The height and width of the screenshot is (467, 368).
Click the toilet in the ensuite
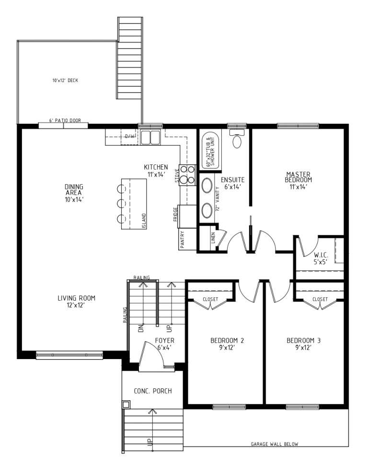237,139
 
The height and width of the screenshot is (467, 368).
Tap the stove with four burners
187,175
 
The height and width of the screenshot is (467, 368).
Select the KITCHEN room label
156,167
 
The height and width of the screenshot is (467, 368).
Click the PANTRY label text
182,240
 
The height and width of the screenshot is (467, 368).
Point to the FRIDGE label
175,214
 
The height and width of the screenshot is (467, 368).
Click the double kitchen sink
150,138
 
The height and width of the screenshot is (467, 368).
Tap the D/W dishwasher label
130,136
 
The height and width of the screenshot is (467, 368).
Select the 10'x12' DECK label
65,81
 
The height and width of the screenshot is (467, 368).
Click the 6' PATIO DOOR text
65,120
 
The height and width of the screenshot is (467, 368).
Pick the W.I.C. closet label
321,255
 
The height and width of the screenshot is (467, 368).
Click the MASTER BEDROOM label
299,177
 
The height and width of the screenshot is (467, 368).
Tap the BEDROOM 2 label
227,340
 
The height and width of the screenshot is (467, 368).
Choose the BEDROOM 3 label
303,340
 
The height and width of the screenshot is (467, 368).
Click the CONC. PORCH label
153,391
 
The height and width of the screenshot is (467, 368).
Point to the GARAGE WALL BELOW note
274,444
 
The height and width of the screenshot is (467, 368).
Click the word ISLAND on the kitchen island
144,221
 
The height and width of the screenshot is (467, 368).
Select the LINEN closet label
213,238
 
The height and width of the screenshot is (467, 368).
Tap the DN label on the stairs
141,328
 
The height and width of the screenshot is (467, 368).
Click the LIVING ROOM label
77,298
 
